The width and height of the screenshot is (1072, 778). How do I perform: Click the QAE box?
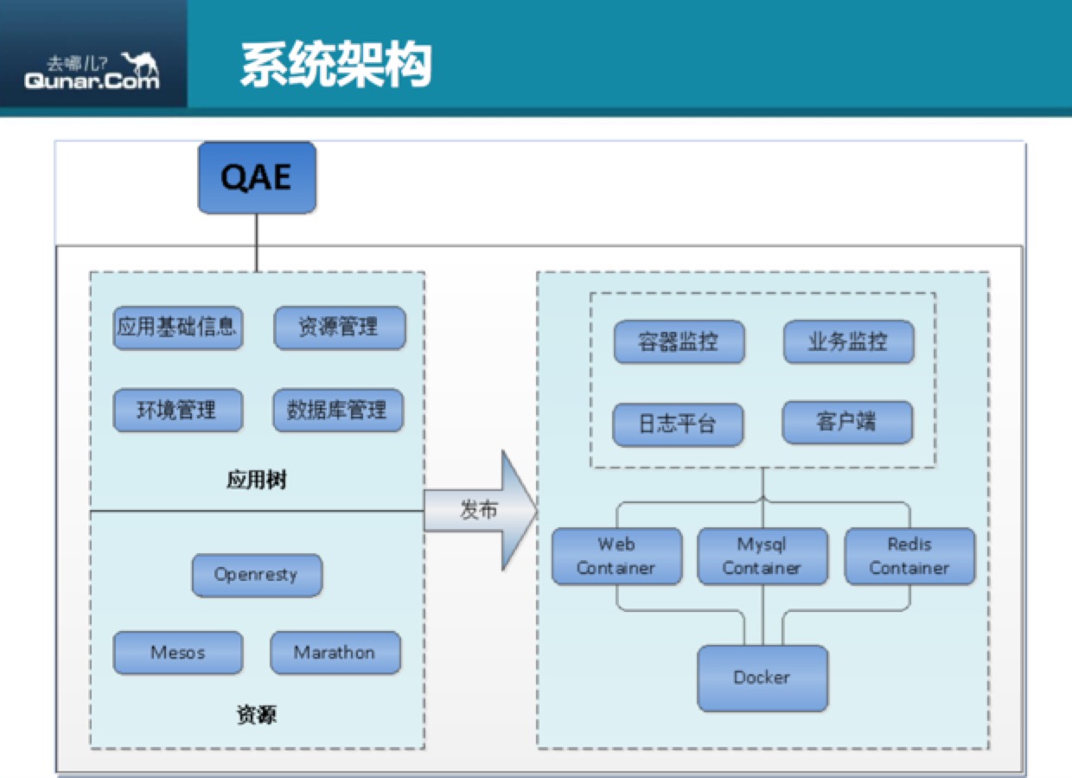(257, 177)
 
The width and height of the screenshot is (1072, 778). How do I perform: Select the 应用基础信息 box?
(177, 328)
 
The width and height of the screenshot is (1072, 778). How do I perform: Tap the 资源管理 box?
(339, 328)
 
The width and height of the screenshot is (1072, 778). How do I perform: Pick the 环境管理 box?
(177, 410)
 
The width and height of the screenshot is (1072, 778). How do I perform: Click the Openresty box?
(257, 575)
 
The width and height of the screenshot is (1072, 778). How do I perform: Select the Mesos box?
(177, 653)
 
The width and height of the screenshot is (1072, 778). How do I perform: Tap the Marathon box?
(335, 653)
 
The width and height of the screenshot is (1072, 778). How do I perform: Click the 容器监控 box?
(679, 342)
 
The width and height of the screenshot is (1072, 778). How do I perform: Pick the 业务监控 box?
(848, 342)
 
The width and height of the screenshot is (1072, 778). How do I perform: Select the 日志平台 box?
(679, 424)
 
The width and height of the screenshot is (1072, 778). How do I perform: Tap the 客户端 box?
(847, 423)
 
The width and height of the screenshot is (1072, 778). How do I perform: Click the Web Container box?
(616, 557)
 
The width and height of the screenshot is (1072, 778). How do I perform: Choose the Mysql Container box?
(762, 557)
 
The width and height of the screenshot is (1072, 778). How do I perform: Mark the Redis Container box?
(909, 557)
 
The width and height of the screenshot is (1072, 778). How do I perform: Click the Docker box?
(762, 678)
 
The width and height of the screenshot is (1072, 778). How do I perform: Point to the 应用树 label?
(256, 481)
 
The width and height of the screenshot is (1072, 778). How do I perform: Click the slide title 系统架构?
(335, 66)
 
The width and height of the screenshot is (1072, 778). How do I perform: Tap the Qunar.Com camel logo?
(93, 70)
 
